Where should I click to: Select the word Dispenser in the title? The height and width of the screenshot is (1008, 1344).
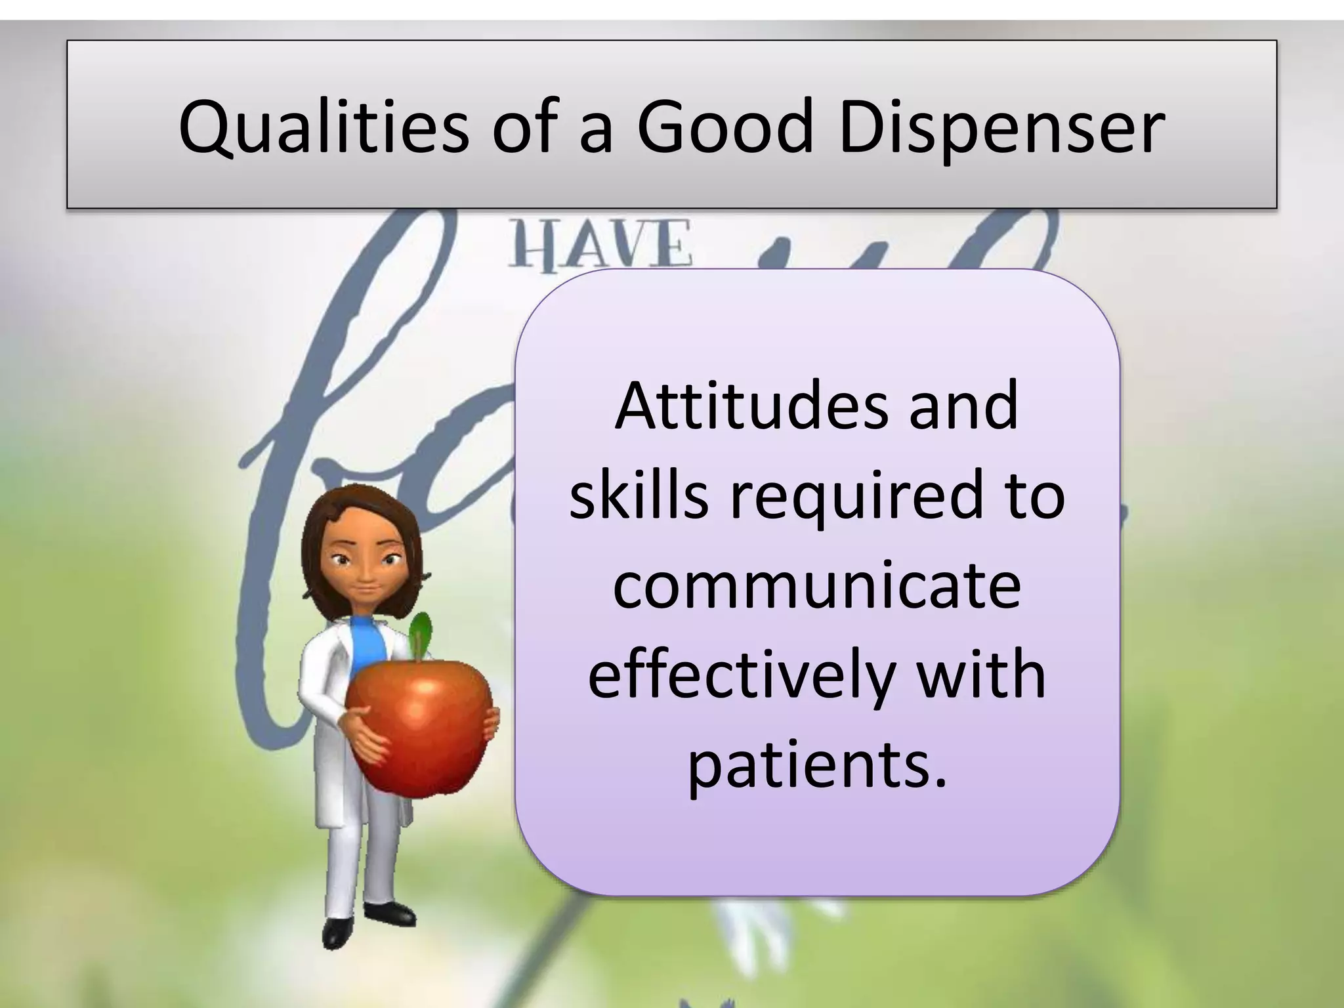[x=1001, y=129]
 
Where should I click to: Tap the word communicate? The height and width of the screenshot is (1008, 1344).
[x=817, y=583]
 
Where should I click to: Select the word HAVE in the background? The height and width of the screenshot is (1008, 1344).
[x=600, y=244]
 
